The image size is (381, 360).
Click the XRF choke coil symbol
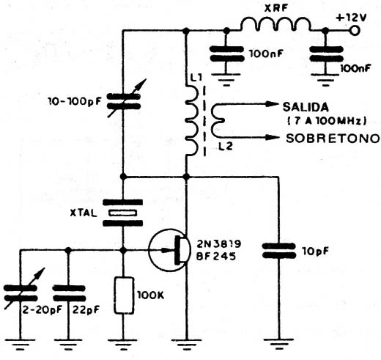coord(276,24)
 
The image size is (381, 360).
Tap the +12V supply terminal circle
coord(355,31)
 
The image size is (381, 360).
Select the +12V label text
coord(351,18)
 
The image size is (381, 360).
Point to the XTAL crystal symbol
coord(122,213)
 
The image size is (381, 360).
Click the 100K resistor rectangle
coord(125,295)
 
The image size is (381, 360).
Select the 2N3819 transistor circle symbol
coord(169,250)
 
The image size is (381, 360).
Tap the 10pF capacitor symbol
coord(278,251)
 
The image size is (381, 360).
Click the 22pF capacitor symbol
coord(69,293)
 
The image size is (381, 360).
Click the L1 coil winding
coord(192,120)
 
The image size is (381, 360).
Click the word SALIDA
coord(306,107)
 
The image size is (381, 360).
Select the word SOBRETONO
coord(333,139)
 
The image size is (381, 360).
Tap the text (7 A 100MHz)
coord(328,121)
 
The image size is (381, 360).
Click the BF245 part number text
coord(216,256)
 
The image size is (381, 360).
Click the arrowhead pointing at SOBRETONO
coord(273,137)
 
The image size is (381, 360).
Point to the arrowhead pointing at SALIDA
coord(272,104)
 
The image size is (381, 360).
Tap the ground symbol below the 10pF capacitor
coord(279,343)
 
